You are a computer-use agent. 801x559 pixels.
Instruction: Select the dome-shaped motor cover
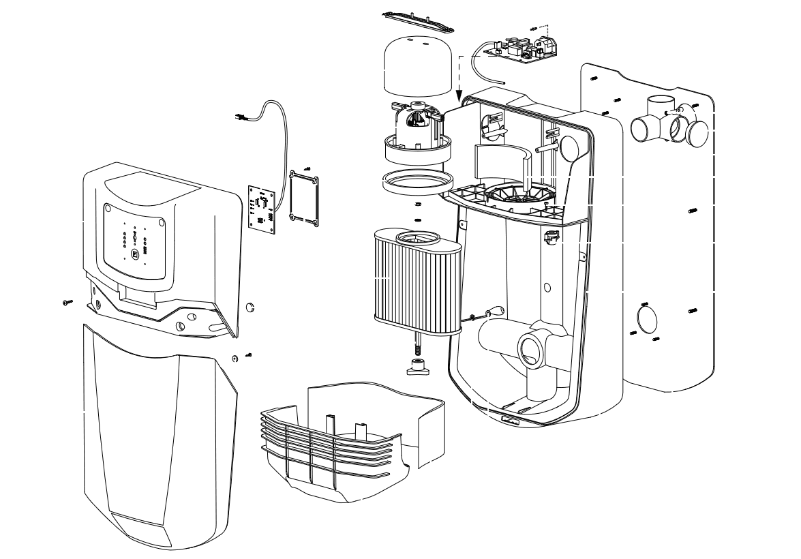[419, 67]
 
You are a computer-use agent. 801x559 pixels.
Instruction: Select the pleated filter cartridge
[417, 279]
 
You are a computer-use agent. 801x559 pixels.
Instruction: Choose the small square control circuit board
[261, 207]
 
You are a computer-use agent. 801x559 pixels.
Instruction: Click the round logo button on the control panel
[135, 254]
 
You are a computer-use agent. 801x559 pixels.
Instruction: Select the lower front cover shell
[157, 436]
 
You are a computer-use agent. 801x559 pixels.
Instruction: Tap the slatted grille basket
[327, 443]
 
